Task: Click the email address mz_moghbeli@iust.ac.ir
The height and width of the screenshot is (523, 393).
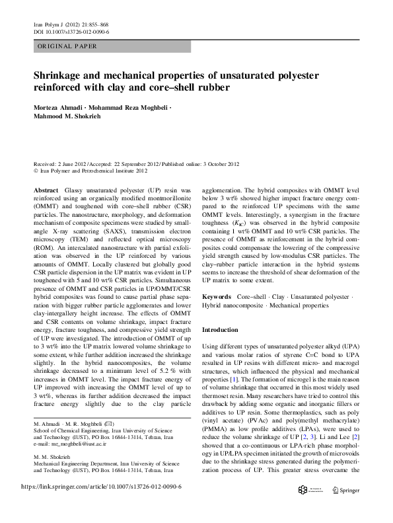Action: [x=74, y=456]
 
